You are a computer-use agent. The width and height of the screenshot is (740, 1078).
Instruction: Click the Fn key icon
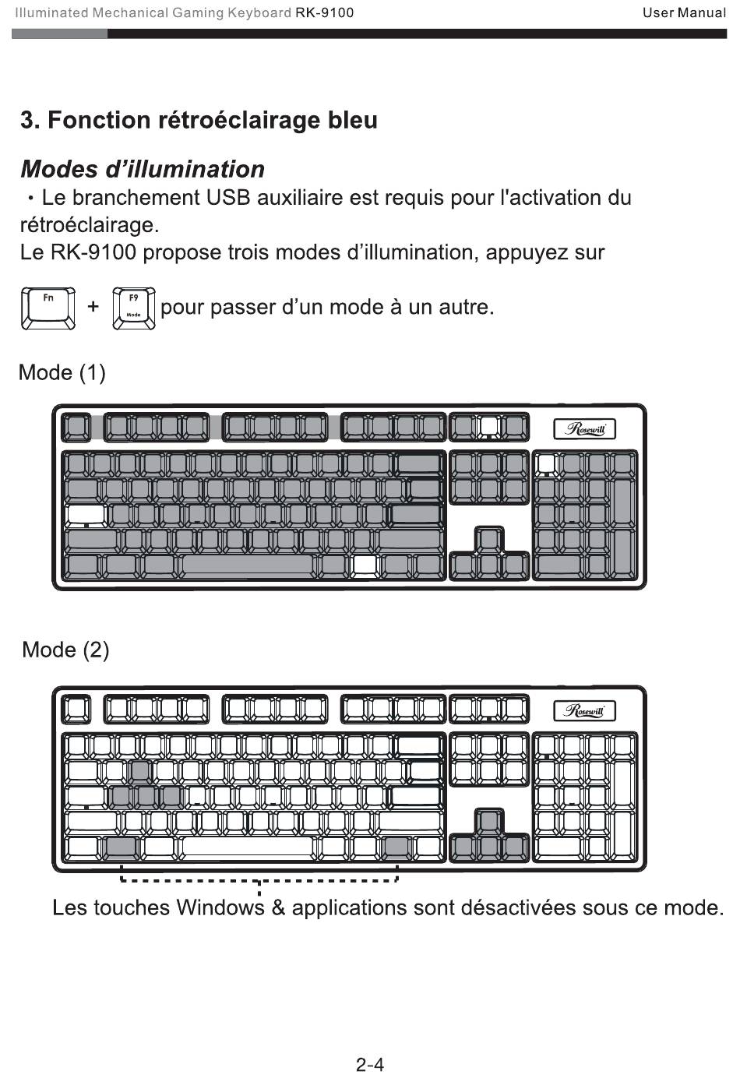[48, 308]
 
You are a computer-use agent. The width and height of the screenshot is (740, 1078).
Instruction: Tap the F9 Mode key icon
[134, 308]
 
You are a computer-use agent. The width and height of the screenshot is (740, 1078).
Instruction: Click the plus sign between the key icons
[93, 306]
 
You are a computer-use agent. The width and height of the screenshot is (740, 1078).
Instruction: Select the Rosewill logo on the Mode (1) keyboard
[584, 429]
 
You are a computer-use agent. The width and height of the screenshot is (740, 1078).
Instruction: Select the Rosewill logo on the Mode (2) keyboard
[584, 711]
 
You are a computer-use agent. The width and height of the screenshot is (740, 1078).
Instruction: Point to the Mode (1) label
[62, 372]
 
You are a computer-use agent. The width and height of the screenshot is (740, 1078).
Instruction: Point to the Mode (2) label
[66, 650]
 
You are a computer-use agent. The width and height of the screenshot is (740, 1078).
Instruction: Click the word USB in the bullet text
[228, 197]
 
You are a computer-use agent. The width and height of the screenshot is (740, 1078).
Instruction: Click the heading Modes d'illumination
[143, 169]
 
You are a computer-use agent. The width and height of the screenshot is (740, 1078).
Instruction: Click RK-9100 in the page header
[325, 12]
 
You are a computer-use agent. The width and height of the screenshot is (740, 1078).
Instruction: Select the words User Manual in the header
[684, 12]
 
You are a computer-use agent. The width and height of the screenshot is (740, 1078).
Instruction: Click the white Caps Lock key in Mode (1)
[86, 515]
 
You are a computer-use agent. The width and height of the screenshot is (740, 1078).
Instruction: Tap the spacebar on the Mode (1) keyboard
[247, 565]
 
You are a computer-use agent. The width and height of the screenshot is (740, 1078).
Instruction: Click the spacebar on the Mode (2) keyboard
[247, 847]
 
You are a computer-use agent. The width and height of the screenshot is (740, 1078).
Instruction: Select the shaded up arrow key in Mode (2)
[489, 821]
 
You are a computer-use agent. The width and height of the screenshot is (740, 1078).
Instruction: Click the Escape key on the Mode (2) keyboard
[76, 710]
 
